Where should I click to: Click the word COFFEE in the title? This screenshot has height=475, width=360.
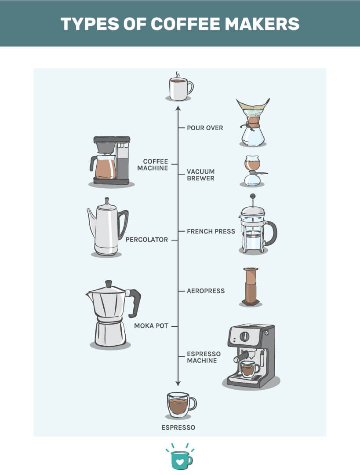click(185, 24)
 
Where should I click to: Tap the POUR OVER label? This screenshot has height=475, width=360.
click(205, 128)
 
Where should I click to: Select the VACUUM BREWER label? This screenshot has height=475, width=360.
click(200, 175)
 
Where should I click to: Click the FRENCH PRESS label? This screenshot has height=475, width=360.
click(211, 231)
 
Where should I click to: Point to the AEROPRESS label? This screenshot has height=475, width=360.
click(206, 291)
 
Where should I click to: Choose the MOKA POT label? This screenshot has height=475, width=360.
click(151, 326)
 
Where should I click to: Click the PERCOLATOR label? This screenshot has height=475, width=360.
click(147, 240)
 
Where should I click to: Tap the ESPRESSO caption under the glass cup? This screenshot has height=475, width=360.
click(178, 427)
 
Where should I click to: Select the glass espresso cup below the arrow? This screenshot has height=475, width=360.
click(181, 405)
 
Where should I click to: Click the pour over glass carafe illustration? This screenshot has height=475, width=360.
click(253, 122)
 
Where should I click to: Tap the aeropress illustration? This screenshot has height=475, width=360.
click(251, 286)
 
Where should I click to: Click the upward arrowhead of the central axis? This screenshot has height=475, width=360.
click(178, 108)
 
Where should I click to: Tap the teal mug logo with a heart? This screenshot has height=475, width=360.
click(180, 458)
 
